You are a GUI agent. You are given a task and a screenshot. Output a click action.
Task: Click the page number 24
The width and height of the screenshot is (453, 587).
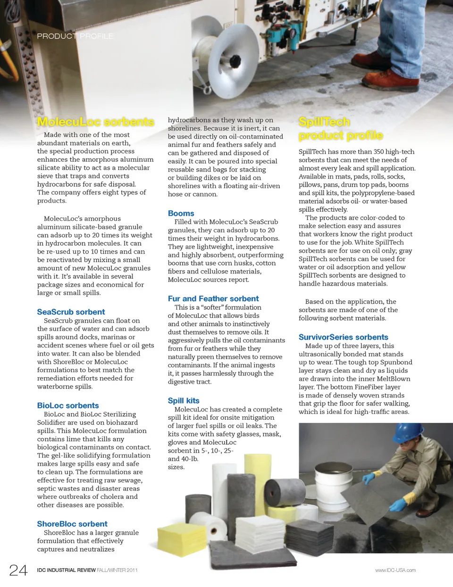pos(18,570)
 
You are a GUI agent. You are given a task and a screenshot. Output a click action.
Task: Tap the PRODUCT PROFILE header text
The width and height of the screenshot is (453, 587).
pos(75,36)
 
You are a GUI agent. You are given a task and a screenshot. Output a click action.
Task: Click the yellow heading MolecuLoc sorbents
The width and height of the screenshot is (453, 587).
pos(95,122)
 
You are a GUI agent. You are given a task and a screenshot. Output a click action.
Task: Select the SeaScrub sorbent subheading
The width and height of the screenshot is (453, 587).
pos(71,312)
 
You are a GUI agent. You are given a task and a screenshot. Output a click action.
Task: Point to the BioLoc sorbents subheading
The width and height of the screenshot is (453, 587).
pos(68,405)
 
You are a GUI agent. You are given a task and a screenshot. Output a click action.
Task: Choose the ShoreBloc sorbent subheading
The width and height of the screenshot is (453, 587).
pos(72,524)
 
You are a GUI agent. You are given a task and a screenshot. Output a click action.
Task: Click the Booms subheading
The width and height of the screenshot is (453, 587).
pos(181,214)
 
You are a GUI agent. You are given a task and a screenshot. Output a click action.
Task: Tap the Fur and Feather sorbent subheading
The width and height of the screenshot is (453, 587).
pos(213,299)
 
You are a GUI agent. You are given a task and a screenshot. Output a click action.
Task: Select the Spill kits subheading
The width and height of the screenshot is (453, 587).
pos(184,401)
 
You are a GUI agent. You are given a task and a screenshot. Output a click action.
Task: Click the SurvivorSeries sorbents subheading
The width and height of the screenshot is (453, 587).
pos(343,337)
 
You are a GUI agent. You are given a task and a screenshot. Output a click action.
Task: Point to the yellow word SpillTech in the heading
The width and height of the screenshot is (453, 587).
pos(324,122)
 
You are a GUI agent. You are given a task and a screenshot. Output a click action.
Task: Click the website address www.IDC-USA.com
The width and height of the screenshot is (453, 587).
pos(395,570)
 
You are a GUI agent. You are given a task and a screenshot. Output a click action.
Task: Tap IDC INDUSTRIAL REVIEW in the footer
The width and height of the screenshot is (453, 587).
pos(66,570)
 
